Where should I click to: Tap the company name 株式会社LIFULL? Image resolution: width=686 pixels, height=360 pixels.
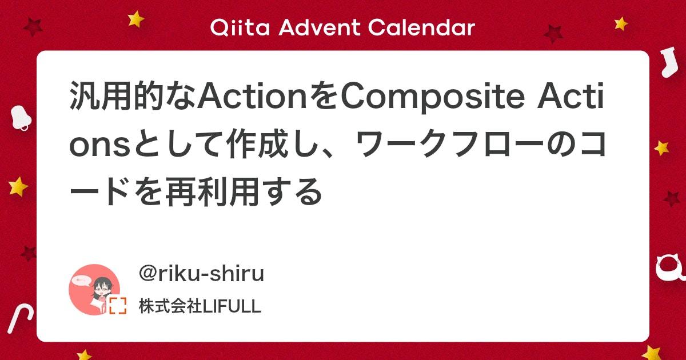[200, 306]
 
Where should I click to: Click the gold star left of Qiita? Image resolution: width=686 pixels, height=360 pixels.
[136, 19]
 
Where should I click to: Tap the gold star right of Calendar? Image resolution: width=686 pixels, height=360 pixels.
[621, 23]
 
